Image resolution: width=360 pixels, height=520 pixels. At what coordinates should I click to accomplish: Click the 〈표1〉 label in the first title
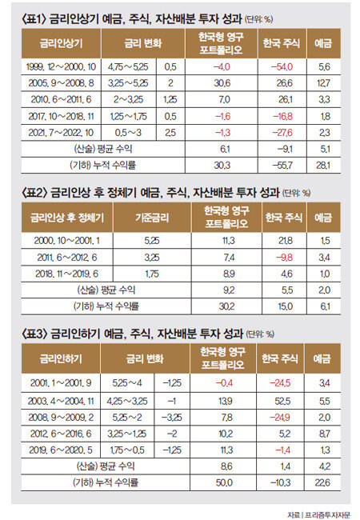coord(34,19)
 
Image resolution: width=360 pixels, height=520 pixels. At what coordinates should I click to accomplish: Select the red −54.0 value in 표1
coord(282,67)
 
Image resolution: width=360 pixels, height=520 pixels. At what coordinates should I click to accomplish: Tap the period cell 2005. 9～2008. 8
coord(61,83)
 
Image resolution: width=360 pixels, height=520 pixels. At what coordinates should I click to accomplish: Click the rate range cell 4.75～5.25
coord(128,67)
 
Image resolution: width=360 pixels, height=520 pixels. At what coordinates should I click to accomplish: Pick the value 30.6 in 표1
coord(222,83)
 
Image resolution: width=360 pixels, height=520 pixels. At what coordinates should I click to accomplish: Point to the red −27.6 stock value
coord(282,133)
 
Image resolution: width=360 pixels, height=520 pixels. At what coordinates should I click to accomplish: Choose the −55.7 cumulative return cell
coord(282,165)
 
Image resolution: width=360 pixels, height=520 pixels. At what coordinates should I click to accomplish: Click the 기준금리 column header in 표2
coord(152,218)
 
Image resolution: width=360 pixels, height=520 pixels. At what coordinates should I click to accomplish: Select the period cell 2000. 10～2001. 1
coord(66,241)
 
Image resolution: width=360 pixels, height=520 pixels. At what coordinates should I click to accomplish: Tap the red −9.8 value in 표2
coord(284,258)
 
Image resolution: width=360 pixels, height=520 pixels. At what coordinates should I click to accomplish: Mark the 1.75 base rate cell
coord(151,274)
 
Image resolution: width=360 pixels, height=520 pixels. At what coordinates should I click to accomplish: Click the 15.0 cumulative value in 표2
coord(285,306)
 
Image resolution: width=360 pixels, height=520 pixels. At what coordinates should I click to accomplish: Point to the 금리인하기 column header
coord(61,358)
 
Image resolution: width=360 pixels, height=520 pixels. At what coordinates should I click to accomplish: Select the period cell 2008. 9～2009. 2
coord(61,417)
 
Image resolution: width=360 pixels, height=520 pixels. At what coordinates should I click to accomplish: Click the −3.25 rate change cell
coord(171,417)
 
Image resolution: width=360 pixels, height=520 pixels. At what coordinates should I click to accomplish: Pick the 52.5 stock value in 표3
coord(282,401)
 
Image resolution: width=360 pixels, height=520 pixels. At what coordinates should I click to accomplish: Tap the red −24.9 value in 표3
coord(280,417)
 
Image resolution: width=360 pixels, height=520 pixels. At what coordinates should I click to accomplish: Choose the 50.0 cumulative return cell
coord(224,482)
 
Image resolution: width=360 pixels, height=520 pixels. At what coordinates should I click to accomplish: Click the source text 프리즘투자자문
coord(327,514)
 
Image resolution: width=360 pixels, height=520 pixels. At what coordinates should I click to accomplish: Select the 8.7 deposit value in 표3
coord(324,434)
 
